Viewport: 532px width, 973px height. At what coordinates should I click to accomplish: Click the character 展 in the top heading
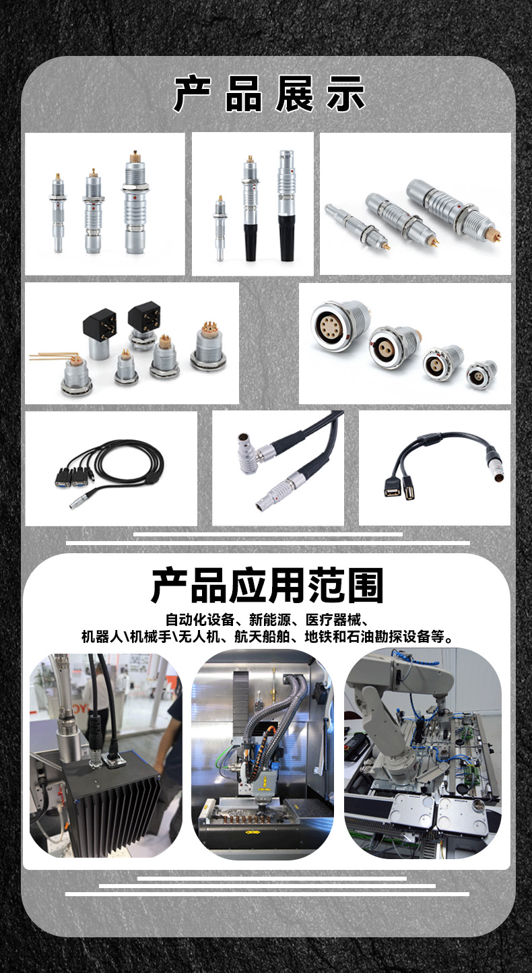294,94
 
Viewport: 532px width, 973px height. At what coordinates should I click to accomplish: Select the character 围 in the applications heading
364,586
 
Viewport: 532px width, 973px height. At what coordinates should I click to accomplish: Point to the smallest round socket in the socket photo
482,373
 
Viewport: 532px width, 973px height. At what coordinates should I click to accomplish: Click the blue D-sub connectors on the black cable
71,478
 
